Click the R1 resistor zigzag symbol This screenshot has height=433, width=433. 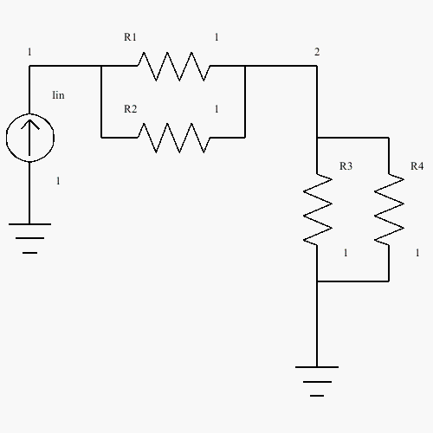click(173, 66)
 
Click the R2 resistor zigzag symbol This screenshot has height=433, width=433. click(173, 138)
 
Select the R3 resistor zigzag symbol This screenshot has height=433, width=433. click(317, 210)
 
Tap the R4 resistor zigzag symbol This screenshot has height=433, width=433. click(389, 210)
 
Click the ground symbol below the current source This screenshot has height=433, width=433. click(29, 238)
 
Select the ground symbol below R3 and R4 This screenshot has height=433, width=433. click(317, 382)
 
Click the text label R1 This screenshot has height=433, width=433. click(130, 37)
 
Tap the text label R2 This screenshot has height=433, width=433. click(130, 109)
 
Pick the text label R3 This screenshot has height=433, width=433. click(346, 166)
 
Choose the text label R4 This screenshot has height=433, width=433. click(417, 166)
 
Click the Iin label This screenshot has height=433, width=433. click(58, 95)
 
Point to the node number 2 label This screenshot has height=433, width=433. click(317, 52)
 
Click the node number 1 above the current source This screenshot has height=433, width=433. click(29, 52)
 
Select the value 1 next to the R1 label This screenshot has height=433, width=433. click(216, 37)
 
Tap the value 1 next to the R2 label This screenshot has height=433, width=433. click(216, 109)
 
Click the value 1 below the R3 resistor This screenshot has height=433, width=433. click(346, 253)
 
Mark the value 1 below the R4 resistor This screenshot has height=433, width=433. click(417, 253)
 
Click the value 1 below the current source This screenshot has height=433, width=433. click(58, 181)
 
